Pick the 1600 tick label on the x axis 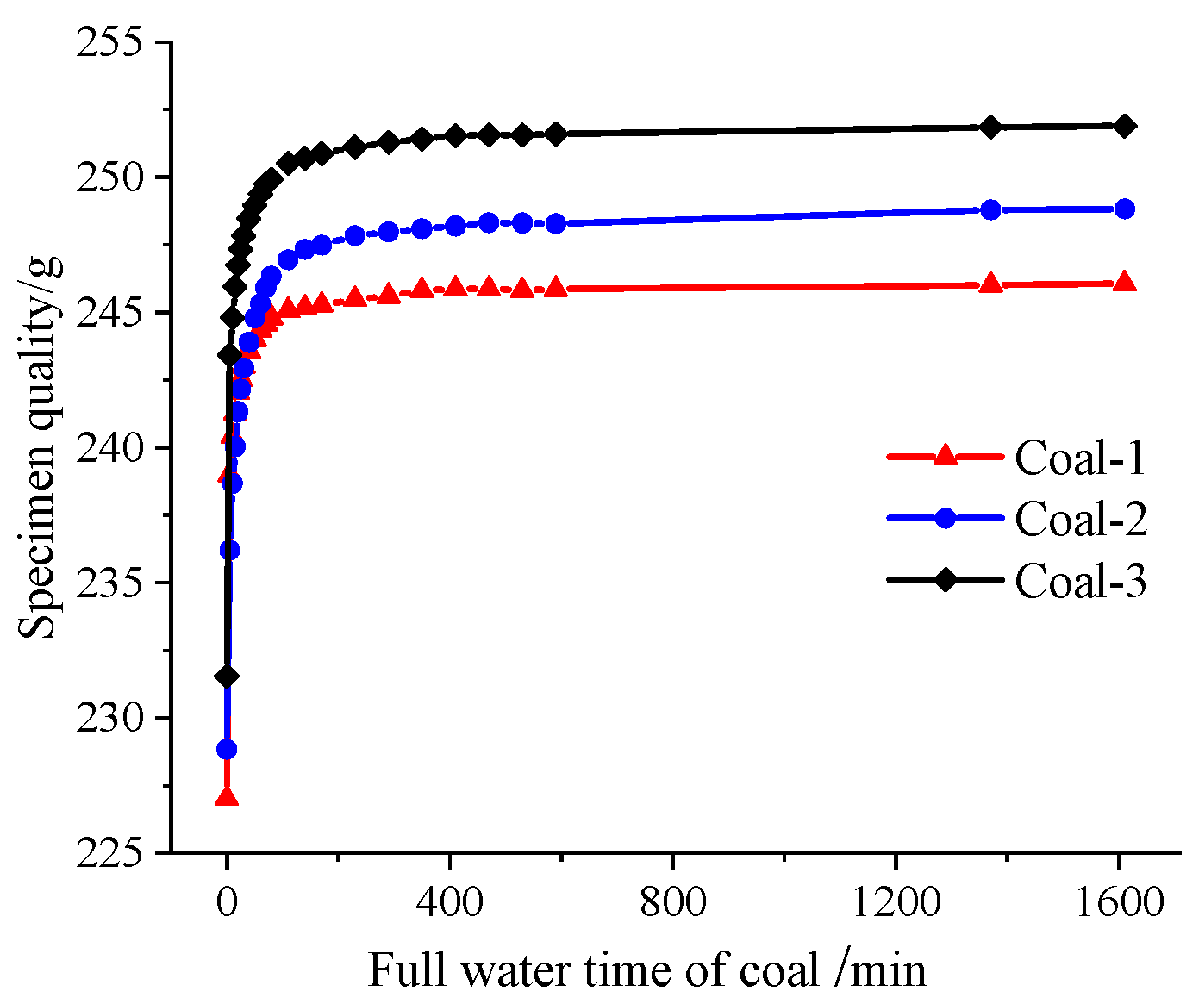tap(1118, 902)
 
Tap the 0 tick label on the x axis tap(227, 902)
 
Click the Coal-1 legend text tap(1080, 458)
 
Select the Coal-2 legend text tap(1081, 519)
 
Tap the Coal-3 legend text tap(1081, 581)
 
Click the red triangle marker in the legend tap(946, 455)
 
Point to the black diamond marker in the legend tap(946, 580)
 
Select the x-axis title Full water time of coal tap(646, 970)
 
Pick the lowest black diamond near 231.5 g tap(227, 677)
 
